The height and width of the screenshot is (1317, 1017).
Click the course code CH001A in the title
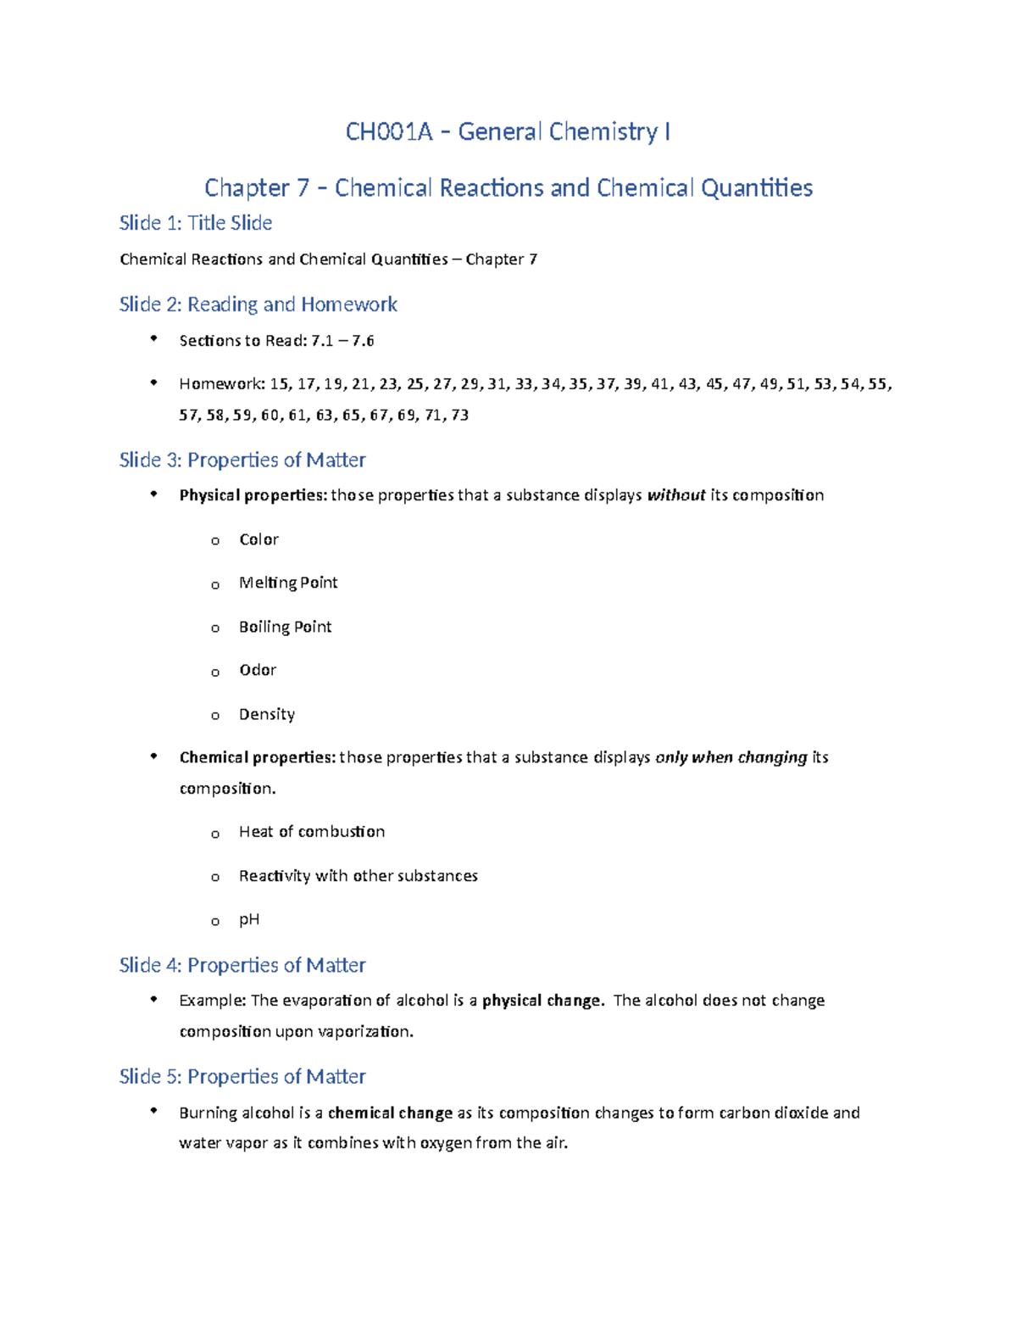coord(389,132)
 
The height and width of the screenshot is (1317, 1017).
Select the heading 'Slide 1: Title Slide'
coord(196,223)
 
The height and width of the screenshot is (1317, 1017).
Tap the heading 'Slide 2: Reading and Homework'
coord(258,304)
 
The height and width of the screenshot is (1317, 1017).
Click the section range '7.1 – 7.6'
coord(342,341)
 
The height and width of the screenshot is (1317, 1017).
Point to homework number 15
coord(279,384)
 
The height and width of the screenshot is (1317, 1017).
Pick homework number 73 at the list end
coord(459,416)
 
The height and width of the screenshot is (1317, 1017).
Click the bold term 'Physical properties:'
coord(253,495)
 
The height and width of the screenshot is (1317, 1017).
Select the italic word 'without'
coord(676,495)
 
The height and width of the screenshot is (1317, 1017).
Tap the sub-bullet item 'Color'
coord(258,539)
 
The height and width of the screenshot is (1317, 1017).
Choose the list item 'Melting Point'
coord(288,583)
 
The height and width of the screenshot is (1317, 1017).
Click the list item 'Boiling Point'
coord(285,627)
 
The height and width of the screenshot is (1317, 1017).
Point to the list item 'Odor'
coord(258,670)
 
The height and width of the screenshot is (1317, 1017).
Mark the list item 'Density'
coord(267,714)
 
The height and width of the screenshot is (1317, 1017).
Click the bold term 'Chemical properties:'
coord(258,757)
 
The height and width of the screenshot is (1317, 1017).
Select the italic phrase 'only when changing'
coord(731,757)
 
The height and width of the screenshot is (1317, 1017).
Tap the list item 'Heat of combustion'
coord(312,832)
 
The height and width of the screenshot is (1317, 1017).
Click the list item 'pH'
coord(249,919)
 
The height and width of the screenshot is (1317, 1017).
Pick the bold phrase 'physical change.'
coord(543,1001)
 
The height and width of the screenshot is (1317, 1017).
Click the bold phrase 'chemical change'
coord(390,1113)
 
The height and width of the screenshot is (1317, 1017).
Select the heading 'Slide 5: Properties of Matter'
coord(242,1077)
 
